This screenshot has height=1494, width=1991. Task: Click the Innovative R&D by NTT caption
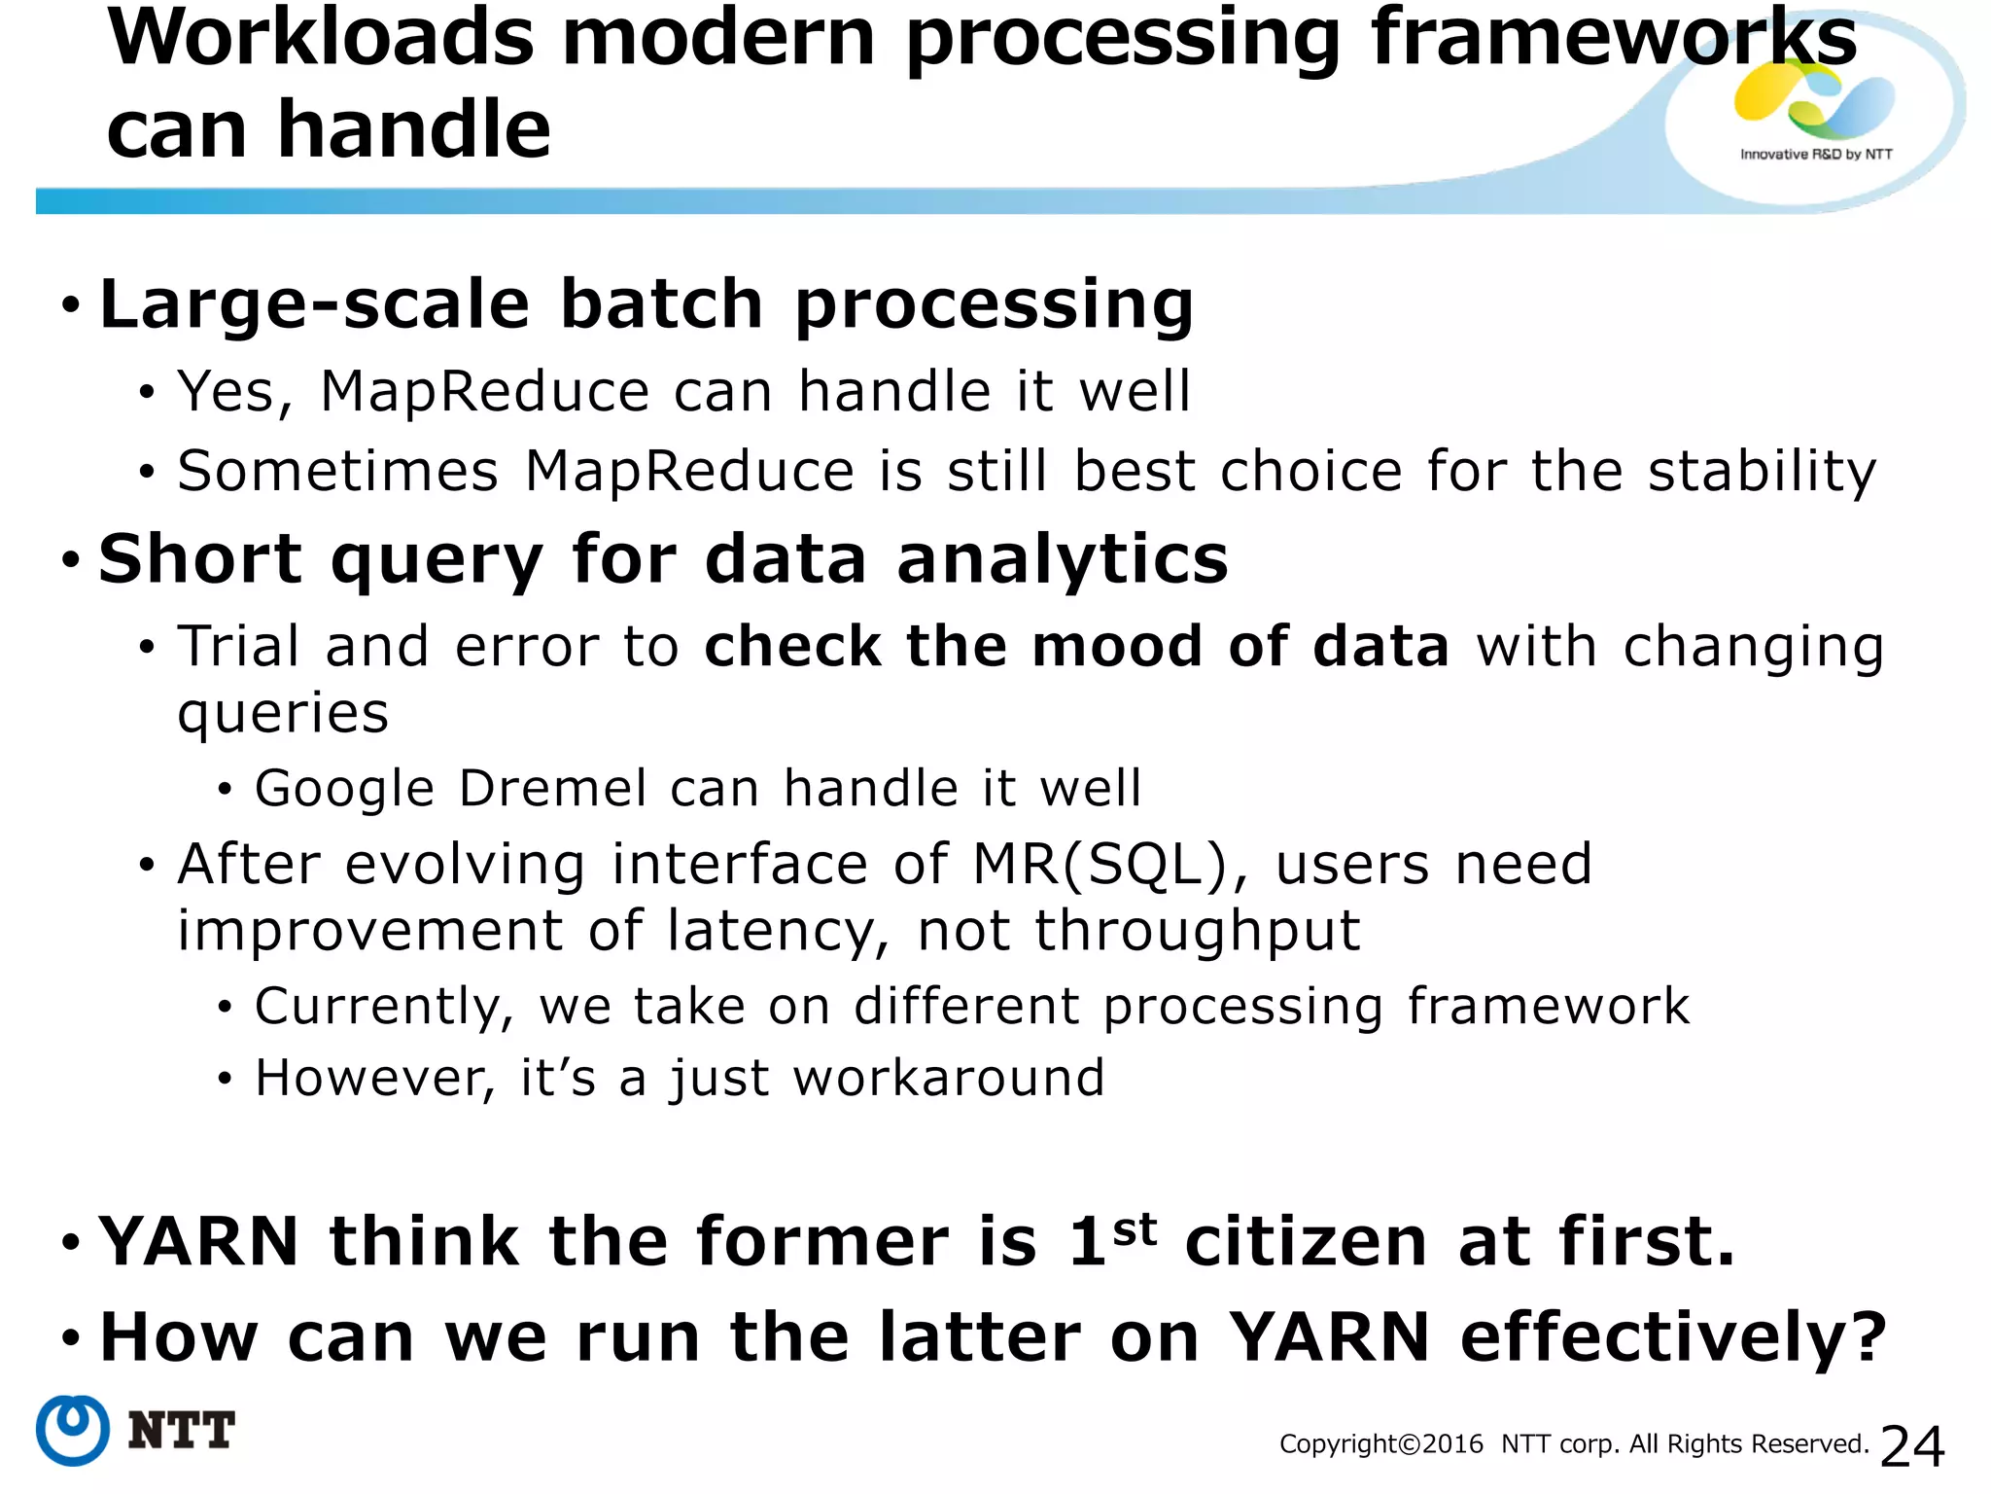[x=1816, y=154]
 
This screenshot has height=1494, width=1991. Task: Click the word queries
[x=283, y=714]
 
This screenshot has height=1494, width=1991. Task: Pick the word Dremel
[x=552, y=788]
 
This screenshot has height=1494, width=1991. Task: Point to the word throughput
[x=1196, y=932]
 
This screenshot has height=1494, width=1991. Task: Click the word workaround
[x=949, y=1079]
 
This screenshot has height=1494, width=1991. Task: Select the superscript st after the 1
[x=1135, y=1229]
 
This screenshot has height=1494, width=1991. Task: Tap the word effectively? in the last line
[x=1673, y=1338]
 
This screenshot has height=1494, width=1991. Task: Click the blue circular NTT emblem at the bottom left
[x=73, y=1430]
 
